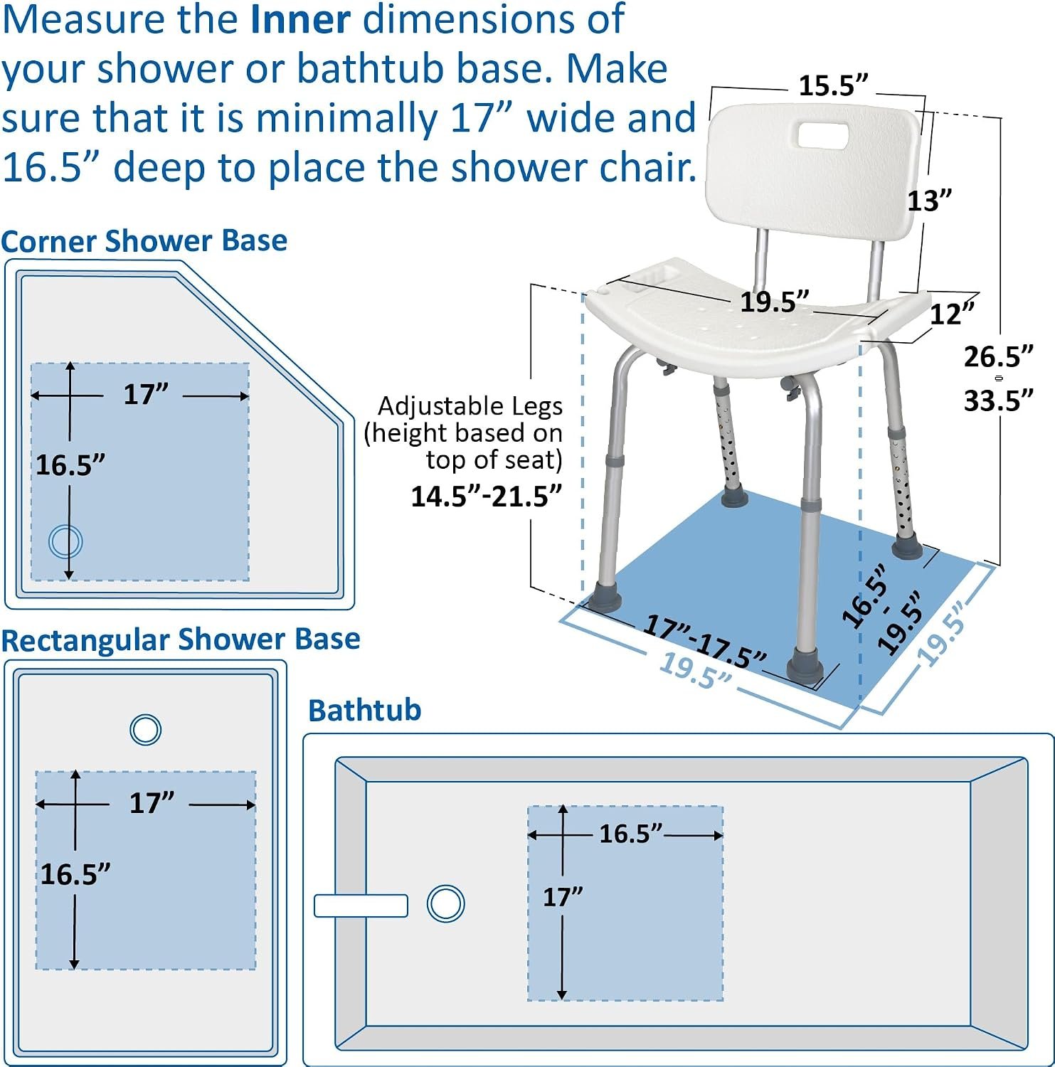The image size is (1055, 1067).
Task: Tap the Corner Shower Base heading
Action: coord(144,241)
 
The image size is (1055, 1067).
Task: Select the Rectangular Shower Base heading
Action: coord(181,639)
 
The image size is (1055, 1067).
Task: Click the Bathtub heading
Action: coord(365,710)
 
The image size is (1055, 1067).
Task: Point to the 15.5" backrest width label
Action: coord(833,86)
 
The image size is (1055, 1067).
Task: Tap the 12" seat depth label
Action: coord(953,314)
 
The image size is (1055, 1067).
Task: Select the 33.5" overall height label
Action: coord(998,401)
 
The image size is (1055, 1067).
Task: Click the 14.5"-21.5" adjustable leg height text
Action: coord(487,496)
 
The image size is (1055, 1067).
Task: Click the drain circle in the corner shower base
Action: coord(65,541)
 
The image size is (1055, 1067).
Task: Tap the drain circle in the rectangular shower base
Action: coord(146,729)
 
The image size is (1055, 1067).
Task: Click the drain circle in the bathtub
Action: coord(446,904)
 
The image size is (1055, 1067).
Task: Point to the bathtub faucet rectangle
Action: coord(361,906)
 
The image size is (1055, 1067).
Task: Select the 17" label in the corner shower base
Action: coord(146,394)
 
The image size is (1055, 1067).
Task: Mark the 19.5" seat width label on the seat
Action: coord(775,302)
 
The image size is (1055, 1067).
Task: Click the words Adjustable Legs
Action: coord(470,406)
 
